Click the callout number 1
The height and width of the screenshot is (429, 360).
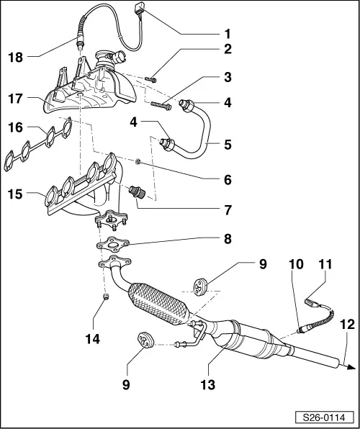point(228,32)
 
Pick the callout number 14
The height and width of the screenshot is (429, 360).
point(106,335)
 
